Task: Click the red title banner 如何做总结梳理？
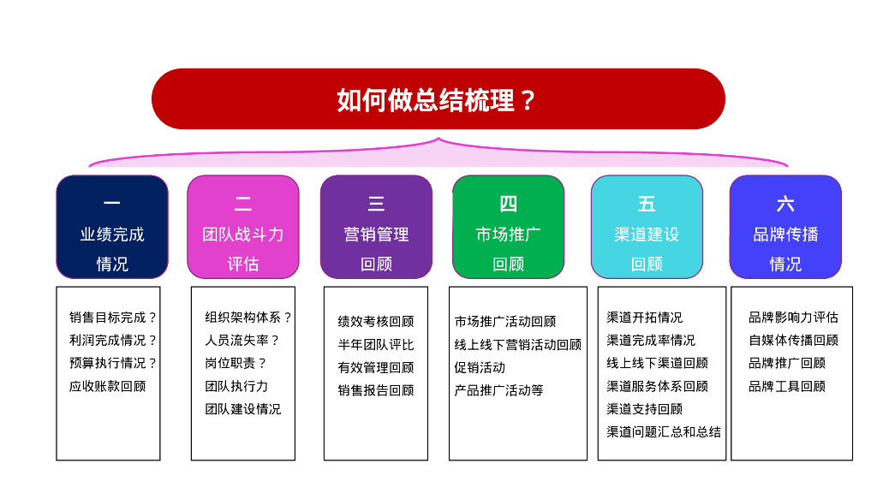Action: tap(438, 99)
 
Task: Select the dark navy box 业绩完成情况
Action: tap(112, 227)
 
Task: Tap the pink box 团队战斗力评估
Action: tap(243, 227)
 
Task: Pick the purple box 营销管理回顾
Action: tap(377, 227)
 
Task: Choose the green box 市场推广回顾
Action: tap(509, 227)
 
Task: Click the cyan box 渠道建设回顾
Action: tap(647, 227)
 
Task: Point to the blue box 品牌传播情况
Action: tap(786, 227)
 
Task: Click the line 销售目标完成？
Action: tap(112, 318)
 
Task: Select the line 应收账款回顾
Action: tap(107, 386)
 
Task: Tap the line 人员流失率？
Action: tap(242, 341)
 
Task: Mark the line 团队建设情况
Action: tap(242, 409)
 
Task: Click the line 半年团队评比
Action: tap(376, 345)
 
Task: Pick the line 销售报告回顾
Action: tap(376, 390)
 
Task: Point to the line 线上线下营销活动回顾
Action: tap(518, 345)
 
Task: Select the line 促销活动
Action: tap(480, 368)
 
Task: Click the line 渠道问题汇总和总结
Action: tap(664, 432)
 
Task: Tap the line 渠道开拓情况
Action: tap(645, 318)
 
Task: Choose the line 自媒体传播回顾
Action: tap(794, 341)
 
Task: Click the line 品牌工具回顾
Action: tap(787, 386)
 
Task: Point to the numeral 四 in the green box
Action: tap(509, 204)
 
